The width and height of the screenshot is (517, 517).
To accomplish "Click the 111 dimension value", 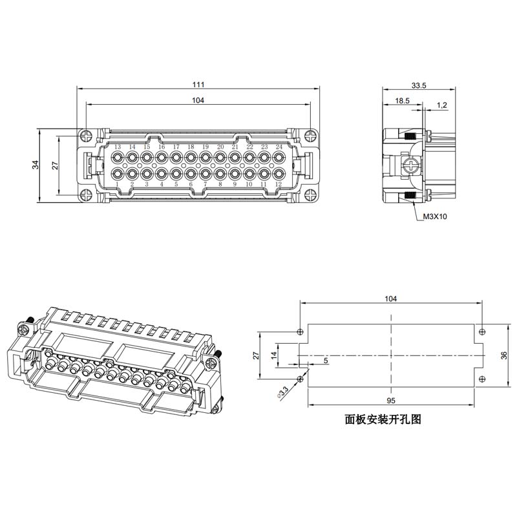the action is [198, 85].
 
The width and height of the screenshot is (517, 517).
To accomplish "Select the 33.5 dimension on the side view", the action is [419, 85].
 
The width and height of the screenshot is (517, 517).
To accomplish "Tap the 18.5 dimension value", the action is [402, 101].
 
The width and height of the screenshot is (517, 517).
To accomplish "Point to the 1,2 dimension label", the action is [442, 105].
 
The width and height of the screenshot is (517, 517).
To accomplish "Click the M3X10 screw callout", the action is [435, 216].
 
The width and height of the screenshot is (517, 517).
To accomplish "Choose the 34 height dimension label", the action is [36, 165].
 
